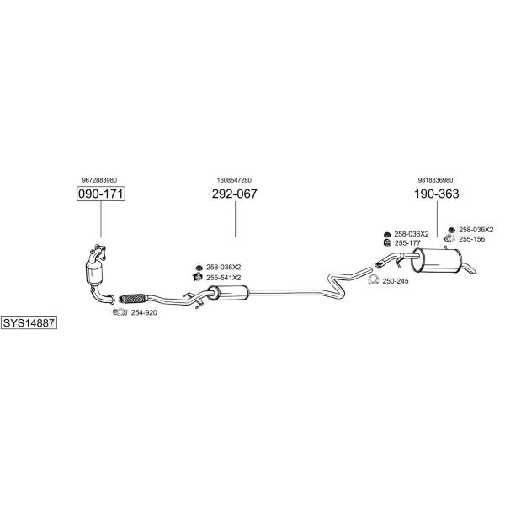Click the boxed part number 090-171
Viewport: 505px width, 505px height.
tap(101, 194)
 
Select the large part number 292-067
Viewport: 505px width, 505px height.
tap(235, 194)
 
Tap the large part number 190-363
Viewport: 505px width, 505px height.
tap(436, 194)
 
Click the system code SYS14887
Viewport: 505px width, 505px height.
tap(29, 322)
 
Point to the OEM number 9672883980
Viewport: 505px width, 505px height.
tap(99, 180)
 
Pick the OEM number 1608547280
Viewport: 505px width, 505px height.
tap(234, 180)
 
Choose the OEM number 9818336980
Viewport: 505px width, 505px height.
tap(435, 180)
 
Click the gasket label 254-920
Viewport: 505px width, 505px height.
tap(144, 313)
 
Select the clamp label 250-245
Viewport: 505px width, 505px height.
tap(396, 281)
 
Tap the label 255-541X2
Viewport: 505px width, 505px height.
tap(224, 278)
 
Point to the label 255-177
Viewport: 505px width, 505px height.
tap(407, 243)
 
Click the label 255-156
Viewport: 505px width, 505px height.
tap(472, 239)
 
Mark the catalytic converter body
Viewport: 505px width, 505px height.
tap(94, 273)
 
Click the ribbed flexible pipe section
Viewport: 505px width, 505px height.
tap(133, 299)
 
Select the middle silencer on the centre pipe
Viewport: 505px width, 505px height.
tap(228, 292)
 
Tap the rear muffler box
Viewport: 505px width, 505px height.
tap(436, 261)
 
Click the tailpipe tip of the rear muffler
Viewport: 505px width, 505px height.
tap(470, 268)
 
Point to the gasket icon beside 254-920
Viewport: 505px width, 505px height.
tap(120, 312)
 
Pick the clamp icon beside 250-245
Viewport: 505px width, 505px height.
tap(373, 280)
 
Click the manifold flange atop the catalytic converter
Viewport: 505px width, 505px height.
tap(98, 251)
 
